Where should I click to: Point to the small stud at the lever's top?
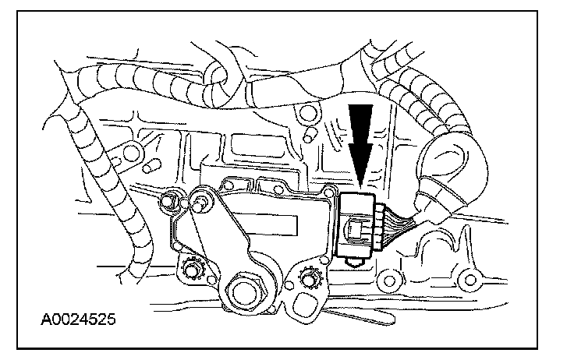coord(201,204)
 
